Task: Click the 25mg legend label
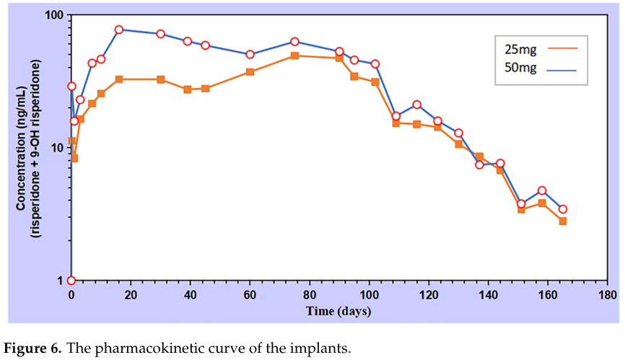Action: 520,49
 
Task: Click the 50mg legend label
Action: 520,68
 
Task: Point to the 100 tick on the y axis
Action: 55,15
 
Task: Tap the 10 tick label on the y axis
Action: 58,148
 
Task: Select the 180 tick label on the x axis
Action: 607,295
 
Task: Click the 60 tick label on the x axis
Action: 250,295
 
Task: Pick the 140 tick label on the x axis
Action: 489,295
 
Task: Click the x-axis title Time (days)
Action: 338,311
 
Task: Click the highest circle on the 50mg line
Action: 119,30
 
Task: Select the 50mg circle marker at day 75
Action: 294,42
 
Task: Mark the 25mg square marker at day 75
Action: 294,56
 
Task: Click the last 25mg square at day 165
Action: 563,221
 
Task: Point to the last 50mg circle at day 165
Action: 563,209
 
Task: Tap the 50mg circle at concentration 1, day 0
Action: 71,281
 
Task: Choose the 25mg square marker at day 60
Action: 250,71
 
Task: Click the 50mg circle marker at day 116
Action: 417,105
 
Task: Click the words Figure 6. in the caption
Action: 32,348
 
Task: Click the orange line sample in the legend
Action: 563,48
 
